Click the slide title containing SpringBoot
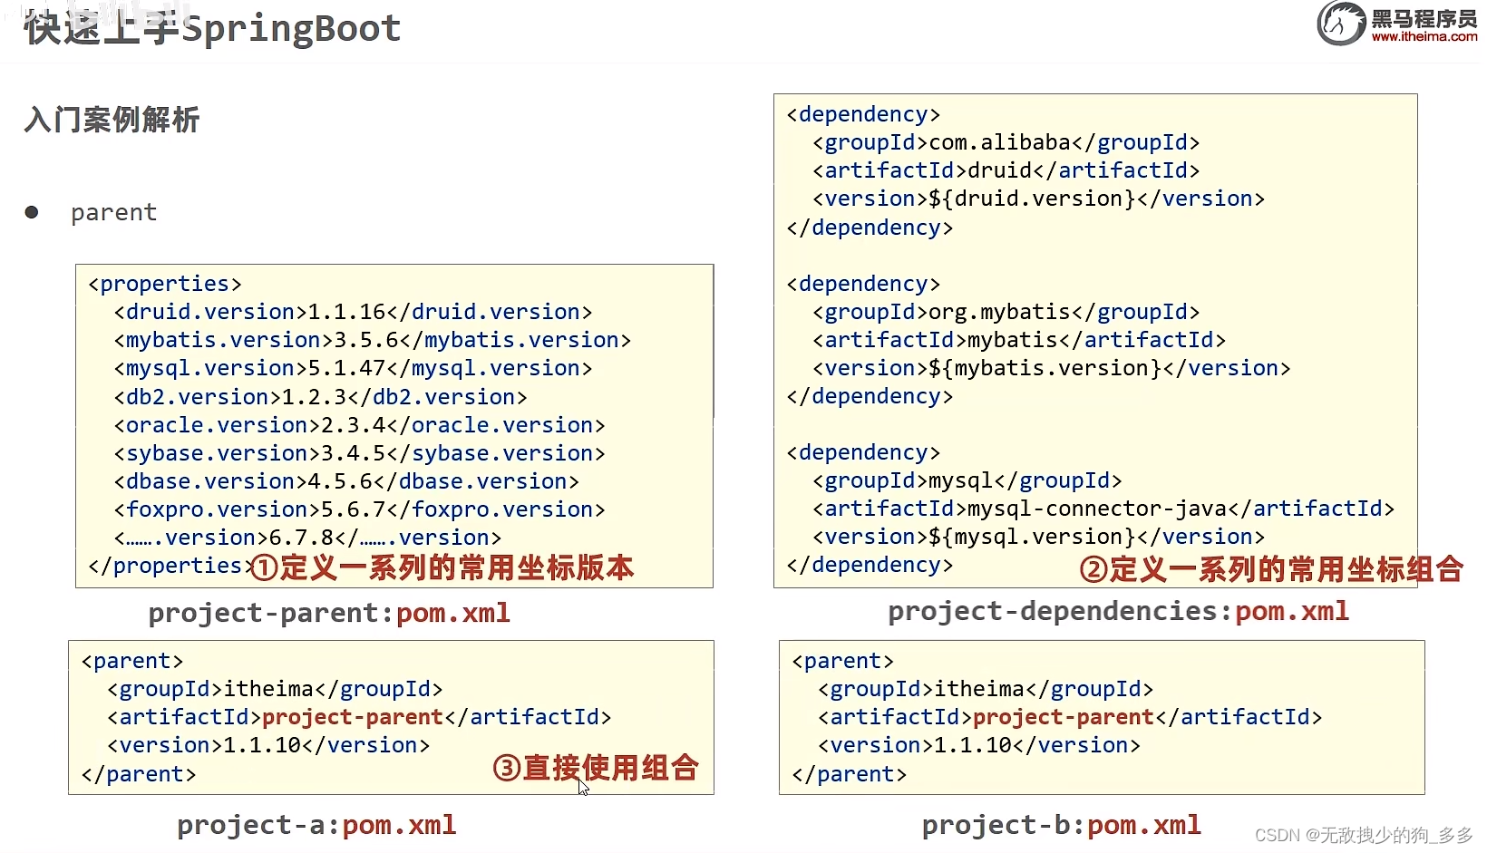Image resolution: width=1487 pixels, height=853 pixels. tap(212, 28)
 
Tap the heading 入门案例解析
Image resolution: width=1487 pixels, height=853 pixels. tap(112, 120)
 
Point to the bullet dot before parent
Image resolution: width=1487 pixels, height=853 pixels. tap(32, 212)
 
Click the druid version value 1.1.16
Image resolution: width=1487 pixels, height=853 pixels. tap(347, 312)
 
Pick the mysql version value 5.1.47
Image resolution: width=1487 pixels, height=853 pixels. tap(347, 368)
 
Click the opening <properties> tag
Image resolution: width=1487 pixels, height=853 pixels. tap(165, 284)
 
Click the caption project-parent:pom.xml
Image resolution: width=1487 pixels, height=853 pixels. tap(329, 613)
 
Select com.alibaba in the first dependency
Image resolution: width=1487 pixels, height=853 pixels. tap(1000, 142)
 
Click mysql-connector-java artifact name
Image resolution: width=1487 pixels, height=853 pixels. tap(1097, 509)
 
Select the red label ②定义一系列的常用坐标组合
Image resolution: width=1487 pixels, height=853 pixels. tap(1271, 569)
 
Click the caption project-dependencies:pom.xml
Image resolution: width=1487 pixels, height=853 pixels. tap(1118, 611)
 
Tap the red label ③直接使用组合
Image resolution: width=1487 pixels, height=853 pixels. tap(596, 768)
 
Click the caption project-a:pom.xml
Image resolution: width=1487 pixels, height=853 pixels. tap(316, 825)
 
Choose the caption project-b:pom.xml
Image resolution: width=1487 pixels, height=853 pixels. tap(1061, 825)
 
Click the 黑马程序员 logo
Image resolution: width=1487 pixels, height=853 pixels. tap(1396, 24)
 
